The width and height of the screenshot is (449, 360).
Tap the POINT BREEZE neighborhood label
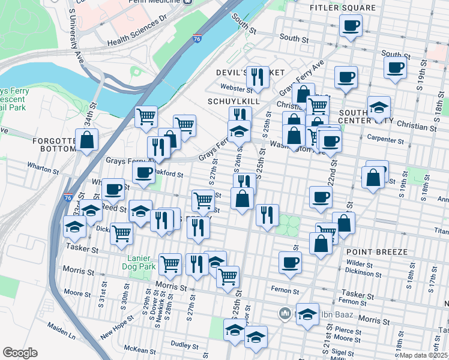tap(376, 251)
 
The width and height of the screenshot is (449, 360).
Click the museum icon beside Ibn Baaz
tap(285, 313)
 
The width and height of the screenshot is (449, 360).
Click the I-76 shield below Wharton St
tap(65, 197)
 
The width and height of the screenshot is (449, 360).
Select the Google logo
tap(20, 353)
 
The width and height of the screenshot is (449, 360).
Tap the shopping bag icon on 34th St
tap(87, 140)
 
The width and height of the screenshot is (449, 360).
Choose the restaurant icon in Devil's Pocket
tap(258, 76)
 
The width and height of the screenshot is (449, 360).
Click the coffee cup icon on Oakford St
tap(143, 173)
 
